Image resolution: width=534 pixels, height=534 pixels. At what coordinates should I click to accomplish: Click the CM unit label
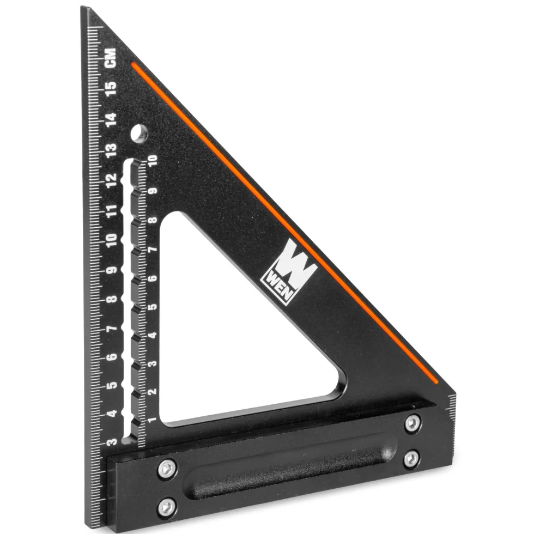point(111,58)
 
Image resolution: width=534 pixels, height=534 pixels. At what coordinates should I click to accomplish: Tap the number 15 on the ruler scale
point(111,89)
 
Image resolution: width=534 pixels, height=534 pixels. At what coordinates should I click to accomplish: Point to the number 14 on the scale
point(111,119)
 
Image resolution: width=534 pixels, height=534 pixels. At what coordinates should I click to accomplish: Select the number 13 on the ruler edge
point(111,149)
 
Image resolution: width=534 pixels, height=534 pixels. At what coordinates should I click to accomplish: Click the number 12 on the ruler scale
point(111,180)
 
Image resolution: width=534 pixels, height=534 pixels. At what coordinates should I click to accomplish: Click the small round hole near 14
point(139,133)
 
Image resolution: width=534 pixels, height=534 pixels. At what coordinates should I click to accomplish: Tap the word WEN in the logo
point(277,286)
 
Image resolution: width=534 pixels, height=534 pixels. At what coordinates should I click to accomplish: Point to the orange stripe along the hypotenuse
point(284,223)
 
